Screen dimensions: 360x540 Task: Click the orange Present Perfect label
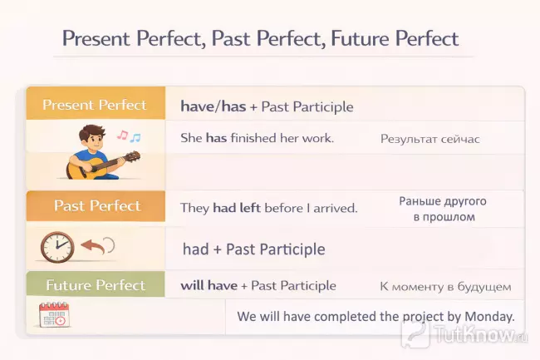95,106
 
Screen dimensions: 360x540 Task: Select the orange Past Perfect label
97,206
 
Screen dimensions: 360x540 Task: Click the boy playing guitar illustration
91,151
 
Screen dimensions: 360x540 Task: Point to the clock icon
57,247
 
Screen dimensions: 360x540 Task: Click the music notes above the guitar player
129,136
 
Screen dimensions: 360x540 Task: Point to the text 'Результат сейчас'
430,139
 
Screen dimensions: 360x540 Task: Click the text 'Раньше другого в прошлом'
443,209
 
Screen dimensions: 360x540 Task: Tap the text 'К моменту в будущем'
445,286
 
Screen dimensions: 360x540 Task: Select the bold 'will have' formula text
209,285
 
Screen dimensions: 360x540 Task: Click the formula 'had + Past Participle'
253,249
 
